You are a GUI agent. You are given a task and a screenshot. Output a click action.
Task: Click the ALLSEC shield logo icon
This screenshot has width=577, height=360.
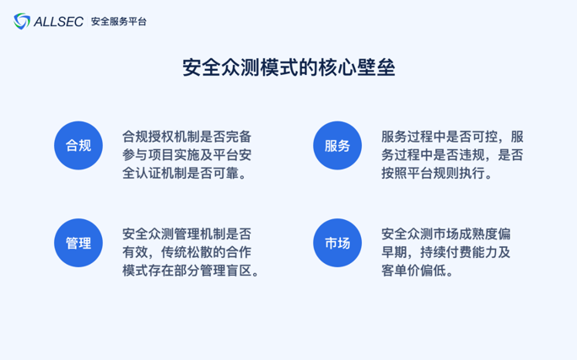coord(22,21)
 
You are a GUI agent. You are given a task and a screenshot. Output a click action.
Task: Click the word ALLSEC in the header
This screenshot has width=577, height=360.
coord(58,22)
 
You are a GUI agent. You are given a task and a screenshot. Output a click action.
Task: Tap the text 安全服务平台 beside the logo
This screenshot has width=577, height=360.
coord(118,22)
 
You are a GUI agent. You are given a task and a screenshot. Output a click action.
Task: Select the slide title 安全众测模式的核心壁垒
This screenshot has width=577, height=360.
coord(288,67)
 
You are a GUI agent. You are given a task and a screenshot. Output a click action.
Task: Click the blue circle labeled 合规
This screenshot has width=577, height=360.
coord(78,146)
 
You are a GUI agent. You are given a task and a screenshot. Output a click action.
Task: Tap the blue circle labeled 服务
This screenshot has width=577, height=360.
coord(337,146)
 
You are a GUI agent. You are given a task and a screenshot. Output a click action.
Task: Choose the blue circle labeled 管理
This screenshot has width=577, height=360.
coord(78,243)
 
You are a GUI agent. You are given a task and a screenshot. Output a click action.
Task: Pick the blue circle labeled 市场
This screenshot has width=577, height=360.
coord(337,243)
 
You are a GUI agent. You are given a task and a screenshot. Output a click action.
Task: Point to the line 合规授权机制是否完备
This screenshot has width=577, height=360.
coord(187,137)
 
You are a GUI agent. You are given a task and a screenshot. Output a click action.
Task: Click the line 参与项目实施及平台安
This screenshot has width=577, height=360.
coord(187,155)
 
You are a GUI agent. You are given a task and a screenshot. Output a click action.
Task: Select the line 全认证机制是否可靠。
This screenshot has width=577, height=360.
coord(185,173)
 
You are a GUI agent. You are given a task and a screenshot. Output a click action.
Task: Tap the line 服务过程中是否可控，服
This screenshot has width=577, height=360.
coord(452,137)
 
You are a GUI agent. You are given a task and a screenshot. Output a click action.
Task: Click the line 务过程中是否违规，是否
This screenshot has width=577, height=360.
coord(452,155)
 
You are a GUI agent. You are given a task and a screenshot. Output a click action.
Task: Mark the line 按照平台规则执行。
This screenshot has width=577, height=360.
coord(437,173)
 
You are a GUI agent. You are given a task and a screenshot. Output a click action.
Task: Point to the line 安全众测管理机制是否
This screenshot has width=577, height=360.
coord(187,234)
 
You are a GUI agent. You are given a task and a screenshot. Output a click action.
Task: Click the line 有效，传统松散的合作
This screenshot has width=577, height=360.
coord(187,252)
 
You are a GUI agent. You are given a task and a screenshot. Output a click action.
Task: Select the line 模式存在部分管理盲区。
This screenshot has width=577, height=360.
coord(191,271)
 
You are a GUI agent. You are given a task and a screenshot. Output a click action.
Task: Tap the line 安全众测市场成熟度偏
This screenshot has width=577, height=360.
coord(446,234)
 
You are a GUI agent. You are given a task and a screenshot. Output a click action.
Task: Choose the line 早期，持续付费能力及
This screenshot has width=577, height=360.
coord(446,252)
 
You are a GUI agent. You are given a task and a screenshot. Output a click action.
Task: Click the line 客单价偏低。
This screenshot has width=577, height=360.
coord(418,271)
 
